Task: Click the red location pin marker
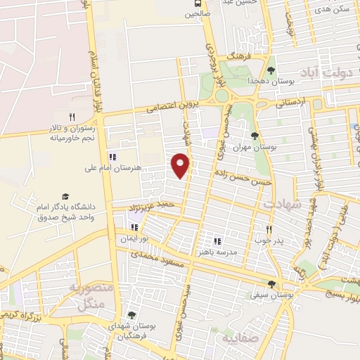coord(181,165)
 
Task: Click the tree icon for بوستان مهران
coord(255,136)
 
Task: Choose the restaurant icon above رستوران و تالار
coord(72,117)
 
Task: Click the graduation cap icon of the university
coord(65,196)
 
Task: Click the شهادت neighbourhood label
coord(282,203)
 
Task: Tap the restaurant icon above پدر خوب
coord(269,229)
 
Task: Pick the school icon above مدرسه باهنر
coord(217,241)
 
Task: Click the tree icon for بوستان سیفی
coord(271,284)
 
